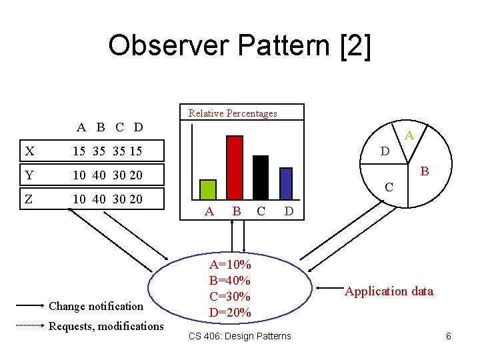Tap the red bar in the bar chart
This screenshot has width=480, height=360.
click(235, 167)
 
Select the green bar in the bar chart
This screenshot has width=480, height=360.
click(209, 189)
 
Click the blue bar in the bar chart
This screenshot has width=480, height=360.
click(286, 183)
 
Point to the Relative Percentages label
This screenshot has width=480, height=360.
click(233, 113)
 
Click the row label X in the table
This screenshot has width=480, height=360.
click(29, 151)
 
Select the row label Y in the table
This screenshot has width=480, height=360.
click(29, 175)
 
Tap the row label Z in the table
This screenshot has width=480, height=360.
click(29, 199)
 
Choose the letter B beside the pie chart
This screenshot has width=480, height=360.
click(425, 172)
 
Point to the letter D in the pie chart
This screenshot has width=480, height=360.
click(385, 151)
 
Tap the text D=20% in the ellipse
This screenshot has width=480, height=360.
click(230, 312)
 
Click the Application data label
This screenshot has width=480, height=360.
click(389, 291)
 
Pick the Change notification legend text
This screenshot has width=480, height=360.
click(96, 306)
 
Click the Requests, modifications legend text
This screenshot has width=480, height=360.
click(106, 326)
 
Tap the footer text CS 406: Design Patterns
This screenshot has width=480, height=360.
click(240, 336)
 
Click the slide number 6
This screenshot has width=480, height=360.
click(449, 336)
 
